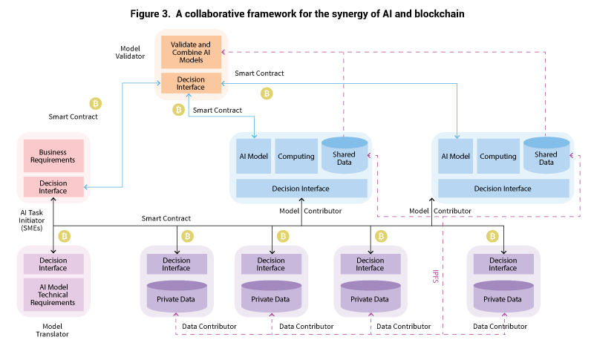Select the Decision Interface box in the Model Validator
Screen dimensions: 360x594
191,83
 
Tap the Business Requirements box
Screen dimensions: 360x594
53,155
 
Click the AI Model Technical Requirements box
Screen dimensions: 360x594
53,292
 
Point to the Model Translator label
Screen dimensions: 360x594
53,330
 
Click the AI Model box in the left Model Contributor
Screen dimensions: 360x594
254,157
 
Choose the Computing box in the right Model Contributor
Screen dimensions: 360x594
497,157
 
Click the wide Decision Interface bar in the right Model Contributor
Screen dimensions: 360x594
503,189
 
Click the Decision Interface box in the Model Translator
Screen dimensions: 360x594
53,264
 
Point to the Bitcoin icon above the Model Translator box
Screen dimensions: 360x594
65,236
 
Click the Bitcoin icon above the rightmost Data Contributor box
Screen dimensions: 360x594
492,236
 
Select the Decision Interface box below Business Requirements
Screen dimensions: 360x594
53,187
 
